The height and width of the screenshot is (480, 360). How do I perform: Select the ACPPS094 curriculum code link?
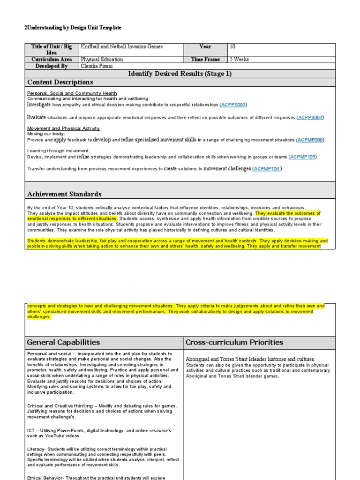click(x=310, y=117)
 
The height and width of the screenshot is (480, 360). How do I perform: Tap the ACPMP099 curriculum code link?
click(x=311, y=140)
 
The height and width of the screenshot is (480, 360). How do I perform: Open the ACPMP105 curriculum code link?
click(x=303, y=157)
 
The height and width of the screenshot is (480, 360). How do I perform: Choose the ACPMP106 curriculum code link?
click(x=268, y=169)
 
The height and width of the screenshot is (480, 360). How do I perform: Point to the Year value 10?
click(x=233, y=47)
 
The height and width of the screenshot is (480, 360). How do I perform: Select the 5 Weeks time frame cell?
click(x=239, y=60)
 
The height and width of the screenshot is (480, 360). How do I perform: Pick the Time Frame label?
click(x=205, y=60)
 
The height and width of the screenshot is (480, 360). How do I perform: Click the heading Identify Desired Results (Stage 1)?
click(x=180, y=74)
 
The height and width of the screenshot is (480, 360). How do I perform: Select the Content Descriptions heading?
click(x=60, y=82)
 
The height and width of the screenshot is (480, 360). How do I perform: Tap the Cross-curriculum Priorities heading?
click(x=234, y=343)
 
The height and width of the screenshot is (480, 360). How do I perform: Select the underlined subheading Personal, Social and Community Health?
click(x=72, y=93)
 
